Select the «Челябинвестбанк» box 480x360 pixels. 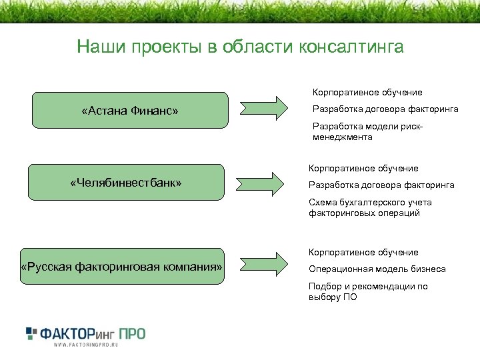point(126,182)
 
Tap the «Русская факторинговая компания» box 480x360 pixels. point(122,267)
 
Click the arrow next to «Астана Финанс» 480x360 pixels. point(268,107)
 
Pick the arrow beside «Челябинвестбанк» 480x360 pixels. point(268,181)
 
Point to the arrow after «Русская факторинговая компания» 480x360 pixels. point(268,266)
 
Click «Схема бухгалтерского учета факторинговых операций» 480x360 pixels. point(370,208)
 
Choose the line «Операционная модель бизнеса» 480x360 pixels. point(377,269)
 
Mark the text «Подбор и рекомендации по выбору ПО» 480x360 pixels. point(367,292)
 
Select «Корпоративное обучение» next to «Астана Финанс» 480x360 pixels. point(367,93)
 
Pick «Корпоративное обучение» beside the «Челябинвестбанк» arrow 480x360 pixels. point(363,169)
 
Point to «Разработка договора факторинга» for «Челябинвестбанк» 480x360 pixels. point(381,185)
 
